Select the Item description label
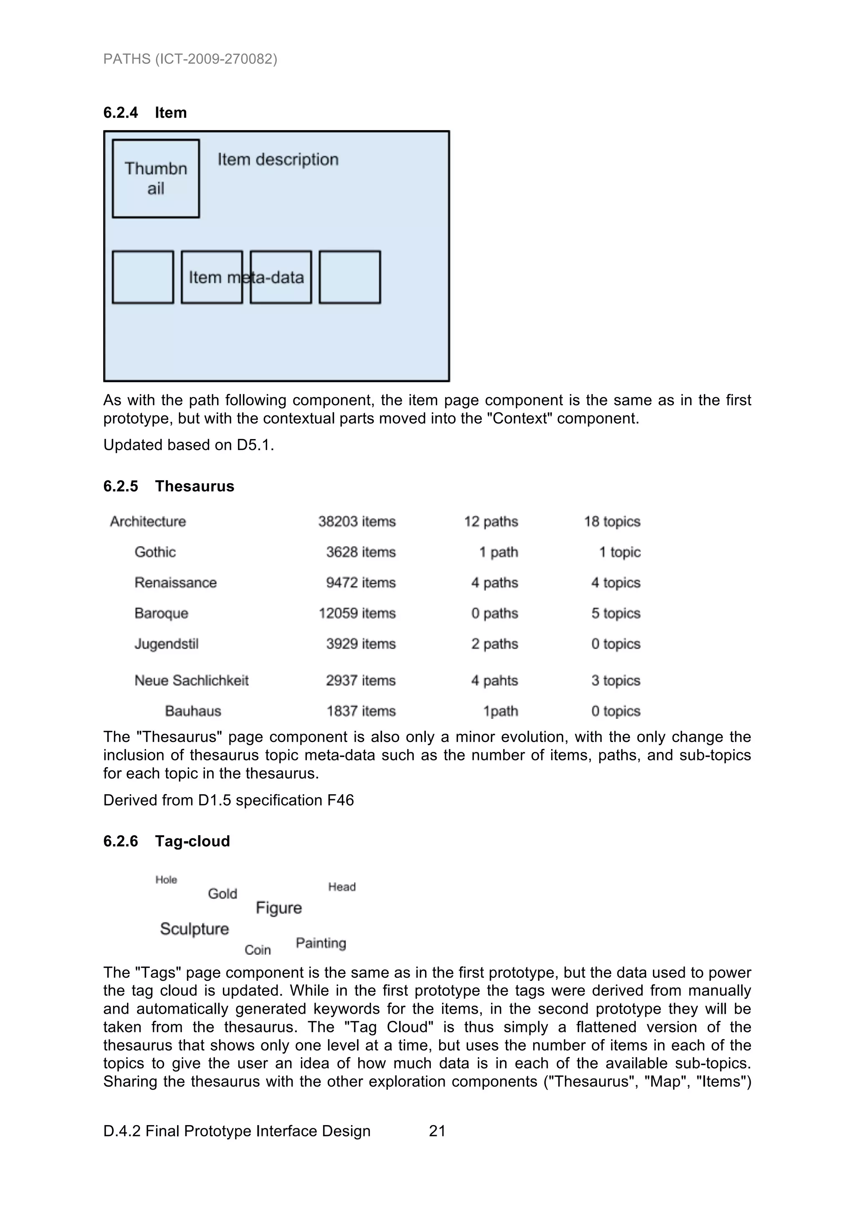(x=278, y=159)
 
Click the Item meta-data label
(x=247, y=278)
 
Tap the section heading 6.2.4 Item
(x=145, y=113)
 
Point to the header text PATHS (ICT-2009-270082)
(x=190, y=59)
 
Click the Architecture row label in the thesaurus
(x=148, y=521)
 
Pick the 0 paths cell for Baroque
(x=494, y=613)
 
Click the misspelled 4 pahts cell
(x=494, y=680)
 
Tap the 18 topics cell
(x=612, y=521)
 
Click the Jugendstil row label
(x=167, y=644)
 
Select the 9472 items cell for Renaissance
(x=360, y=583)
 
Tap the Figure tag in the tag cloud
(x=279, y=908)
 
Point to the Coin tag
(x=258, y=950)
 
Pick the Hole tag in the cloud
(x=166, y=880)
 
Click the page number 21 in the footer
(x=437, y=1131)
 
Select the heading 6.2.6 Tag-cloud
(x=167, y=841)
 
